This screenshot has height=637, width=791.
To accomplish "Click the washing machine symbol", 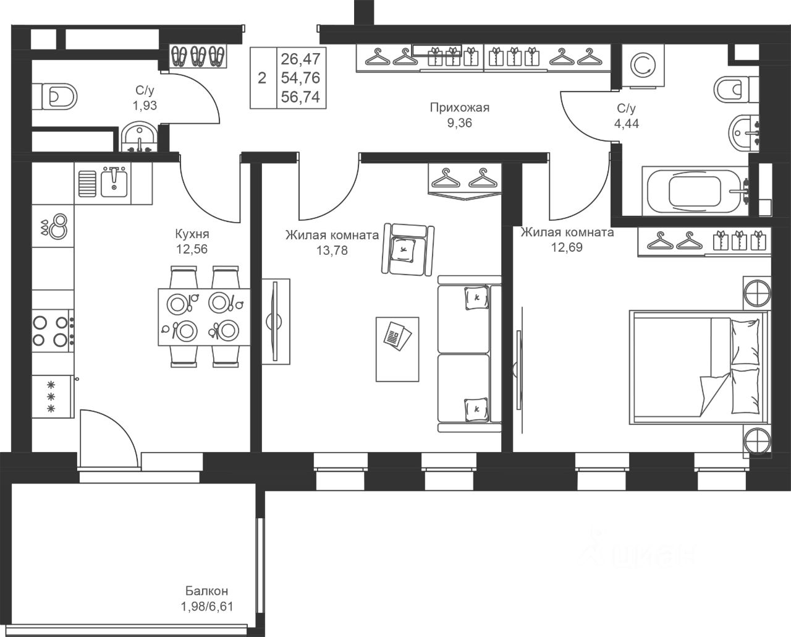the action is point(643,66).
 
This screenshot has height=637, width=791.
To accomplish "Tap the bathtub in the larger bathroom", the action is point(695,191).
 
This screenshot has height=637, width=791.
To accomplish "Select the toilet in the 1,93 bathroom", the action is point(54,96).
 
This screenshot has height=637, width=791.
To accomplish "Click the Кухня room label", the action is point(192,234).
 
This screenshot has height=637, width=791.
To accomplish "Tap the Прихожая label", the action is point(459,108).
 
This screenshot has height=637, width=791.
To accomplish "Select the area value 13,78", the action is point(332,250).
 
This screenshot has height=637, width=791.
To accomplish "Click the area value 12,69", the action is point(567,247).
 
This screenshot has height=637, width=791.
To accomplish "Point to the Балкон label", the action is point(206,591).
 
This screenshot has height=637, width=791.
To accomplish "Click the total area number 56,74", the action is point(300,96).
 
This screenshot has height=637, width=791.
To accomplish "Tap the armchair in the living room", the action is point(407,249).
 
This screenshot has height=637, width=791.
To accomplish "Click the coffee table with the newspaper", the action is point(397,349).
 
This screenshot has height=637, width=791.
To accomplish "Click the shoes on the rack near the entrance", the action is point(198,56).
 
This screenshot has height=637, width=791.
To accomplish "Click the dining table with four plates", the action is point(204,317).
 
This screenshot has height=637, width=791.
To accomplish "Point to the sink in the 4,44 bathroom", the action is point(743,133).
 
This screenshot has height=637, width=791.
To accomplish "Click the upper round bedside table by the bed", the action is point(757,293).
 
